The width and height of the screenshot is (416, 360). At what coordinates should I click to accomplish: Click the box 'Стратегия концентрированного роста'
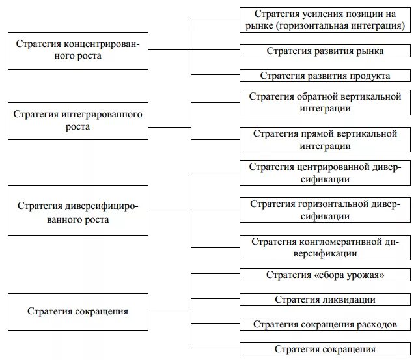click(77, 50)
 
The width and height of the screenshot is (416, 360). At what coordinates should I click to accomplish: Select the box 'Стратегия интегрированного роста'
click(77, 120)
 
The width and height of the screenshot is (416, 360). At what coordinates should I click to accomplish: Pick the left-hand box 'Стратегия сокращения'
click(77, 311)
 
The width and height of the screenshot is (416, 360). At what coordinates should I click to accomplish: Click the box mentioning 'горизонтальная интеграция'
click(325, 20)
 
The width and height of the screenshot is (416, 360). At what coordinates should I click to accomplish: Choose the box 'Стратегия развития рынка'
click(325, 51)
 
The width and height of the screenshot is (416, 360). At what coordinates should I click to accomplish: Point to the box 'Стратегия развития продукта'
click(325, 76)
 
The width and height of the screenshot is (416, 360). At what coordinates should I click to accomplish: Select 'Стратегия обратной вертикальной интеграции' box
click(325, 102)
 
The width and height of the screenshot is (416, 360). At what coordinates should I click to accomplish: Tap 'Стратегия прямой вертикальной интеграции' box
click(325, 140)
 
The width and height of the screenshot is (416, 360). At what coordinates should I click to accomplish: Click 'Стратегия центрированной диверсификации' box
click(325, 173)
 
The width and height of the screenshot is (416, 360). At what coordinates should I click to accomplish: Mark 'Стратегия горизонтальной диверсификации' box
click(325, 210)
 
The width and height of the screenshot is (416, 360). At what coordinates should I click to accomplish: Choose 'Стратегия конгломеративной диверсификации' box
click(325, 247)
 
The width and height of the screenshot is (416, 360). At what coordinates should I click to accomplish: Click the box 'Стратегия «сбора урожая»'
click(325, 275)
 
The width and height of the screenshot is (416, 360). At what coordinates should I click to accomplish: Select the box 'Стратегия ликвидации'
click(325, 299)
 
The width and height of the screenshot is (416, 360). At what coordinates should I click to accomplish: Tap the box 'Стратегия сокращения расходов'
click(325, 324)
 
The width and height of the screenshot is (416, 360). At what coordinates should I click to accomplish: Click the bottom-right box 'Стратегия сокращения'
click(325, 349)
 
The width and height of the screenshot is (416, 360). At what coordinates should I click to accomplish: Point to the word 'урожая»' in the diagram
click(366, 275)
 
